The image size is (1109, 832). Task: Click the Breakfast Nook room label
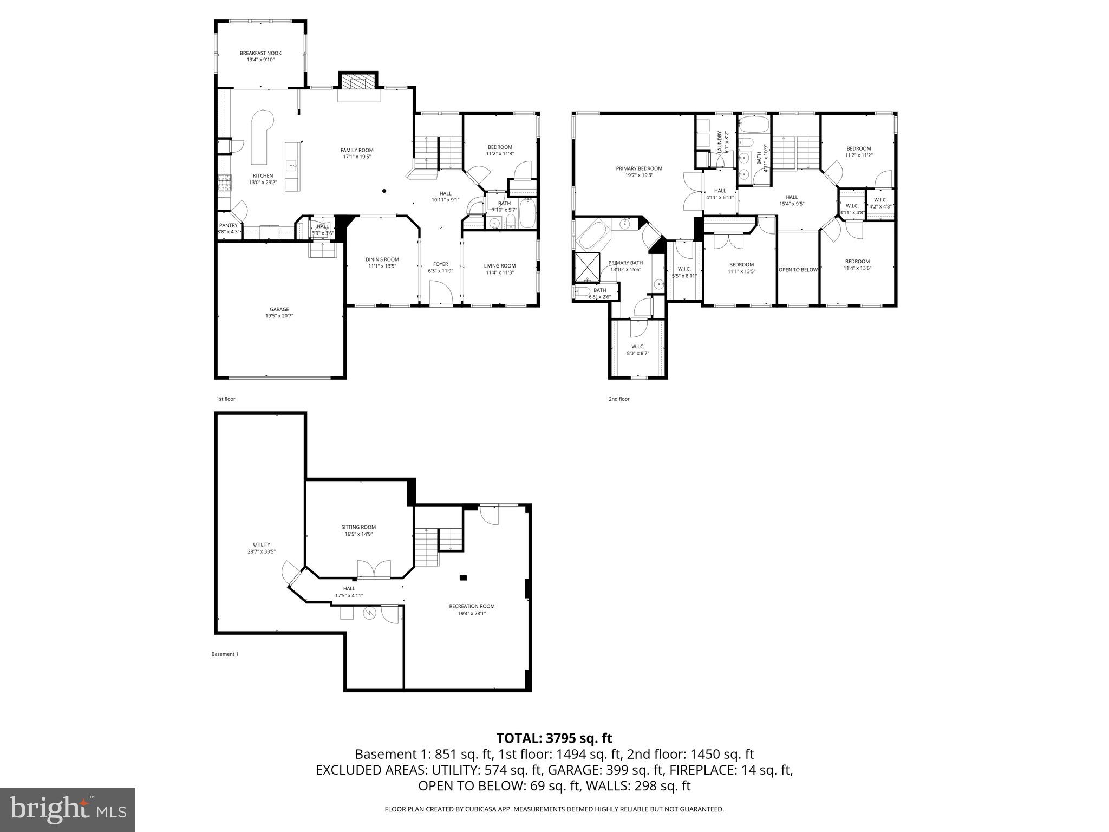(260, 53)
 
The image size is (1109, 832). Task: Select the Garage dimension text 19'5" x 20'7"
(279, 316)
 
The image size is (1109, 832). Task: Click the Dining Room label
(382, 259)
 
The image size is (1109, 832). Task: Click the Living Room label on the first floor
(499, 265)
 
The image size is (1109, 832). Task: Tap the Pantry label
(228, 225)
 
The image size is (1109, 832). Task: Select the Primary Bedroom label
(639, 168)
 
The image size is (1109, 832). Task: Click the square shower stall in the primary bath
(588, 267)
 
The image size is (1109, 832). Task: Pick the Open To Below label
(798, 270)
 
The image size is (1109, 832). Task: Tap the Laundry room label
(720, 142)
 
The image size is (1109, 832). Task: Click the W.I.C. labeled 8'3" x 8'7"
(637, 349)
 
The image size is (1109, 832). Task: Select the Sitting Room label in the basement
(358, 527)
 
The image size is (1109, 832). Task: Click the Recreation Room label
(471, 606)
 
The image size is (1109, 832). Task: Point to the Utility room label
(262, 545)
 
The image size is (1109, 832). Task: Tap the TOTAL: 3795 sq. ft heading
(554, 738)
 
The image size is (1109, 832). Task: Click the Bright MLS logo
(68, 810)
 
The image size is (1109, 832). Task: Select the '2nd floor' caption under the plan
(619, 399)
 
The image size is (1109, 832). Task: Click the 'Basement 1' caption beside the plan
(224, 654)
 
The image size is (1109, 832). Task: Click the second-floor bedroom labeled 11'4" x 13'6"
(857, 264)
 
